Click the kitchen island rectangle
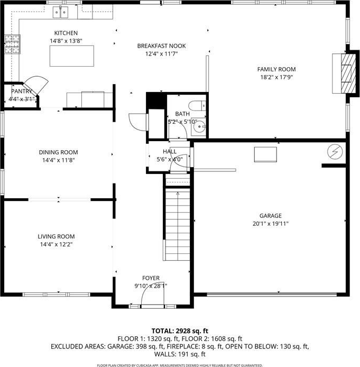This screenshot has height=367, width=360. [72, 56]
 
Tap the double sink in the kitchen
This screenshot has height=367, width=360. [60, 12]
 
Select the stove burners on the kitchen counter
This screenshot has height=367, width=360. [12, 44]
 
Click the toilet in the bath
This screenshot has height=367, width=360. [197, 106]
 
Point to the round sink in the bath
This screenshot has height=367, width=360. [199, 126]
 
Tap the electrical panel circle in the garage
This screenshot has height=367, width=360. [335, 151]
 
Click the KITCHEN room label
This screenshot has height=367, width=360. [66, 33]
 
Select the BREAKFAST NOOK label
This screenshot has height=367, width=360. [161, 46]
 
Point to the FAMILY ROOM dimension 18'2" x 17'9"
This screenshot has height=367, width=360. [276, 77]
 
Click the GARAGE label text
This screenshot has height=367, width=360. [271, 216]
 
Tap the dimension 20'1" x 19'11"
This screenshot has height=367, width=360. [271, 224]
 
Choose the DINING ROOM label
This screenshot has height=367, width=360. [59, 152]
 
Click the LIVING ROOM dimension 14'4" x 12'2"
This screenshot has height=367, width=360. [57, 245]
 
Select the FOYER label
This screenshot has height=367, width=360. [151, 278]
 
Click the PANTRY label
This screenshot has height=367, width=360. [22, 91]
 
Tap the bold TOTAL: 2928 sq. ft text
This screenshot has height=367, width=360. [180, 331]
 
